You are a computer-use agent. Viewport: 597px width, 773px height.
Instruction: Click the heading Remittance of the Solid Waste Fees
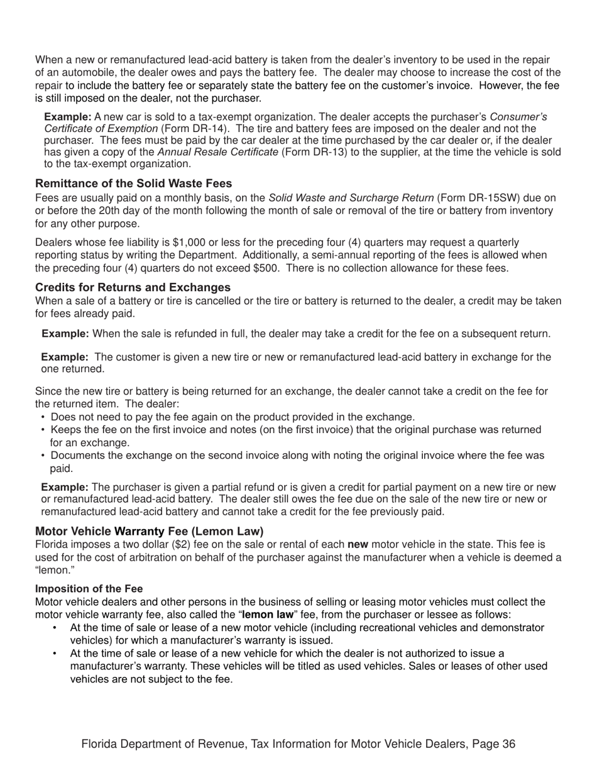133,184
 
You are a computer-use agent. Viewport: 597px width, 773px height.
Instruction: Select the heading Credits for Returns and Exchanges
133,287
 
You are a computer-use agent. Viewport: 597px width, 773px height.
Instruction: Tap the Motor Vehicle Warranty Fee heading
150,531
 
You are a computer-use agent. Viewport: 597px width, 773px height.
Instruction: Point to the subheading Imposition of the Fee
89,588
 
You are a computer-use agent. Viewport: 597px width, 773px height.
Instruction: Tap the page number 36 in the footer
509,744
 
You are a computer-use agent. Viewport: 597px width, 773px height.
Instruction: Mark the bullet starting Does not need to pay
232,417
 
